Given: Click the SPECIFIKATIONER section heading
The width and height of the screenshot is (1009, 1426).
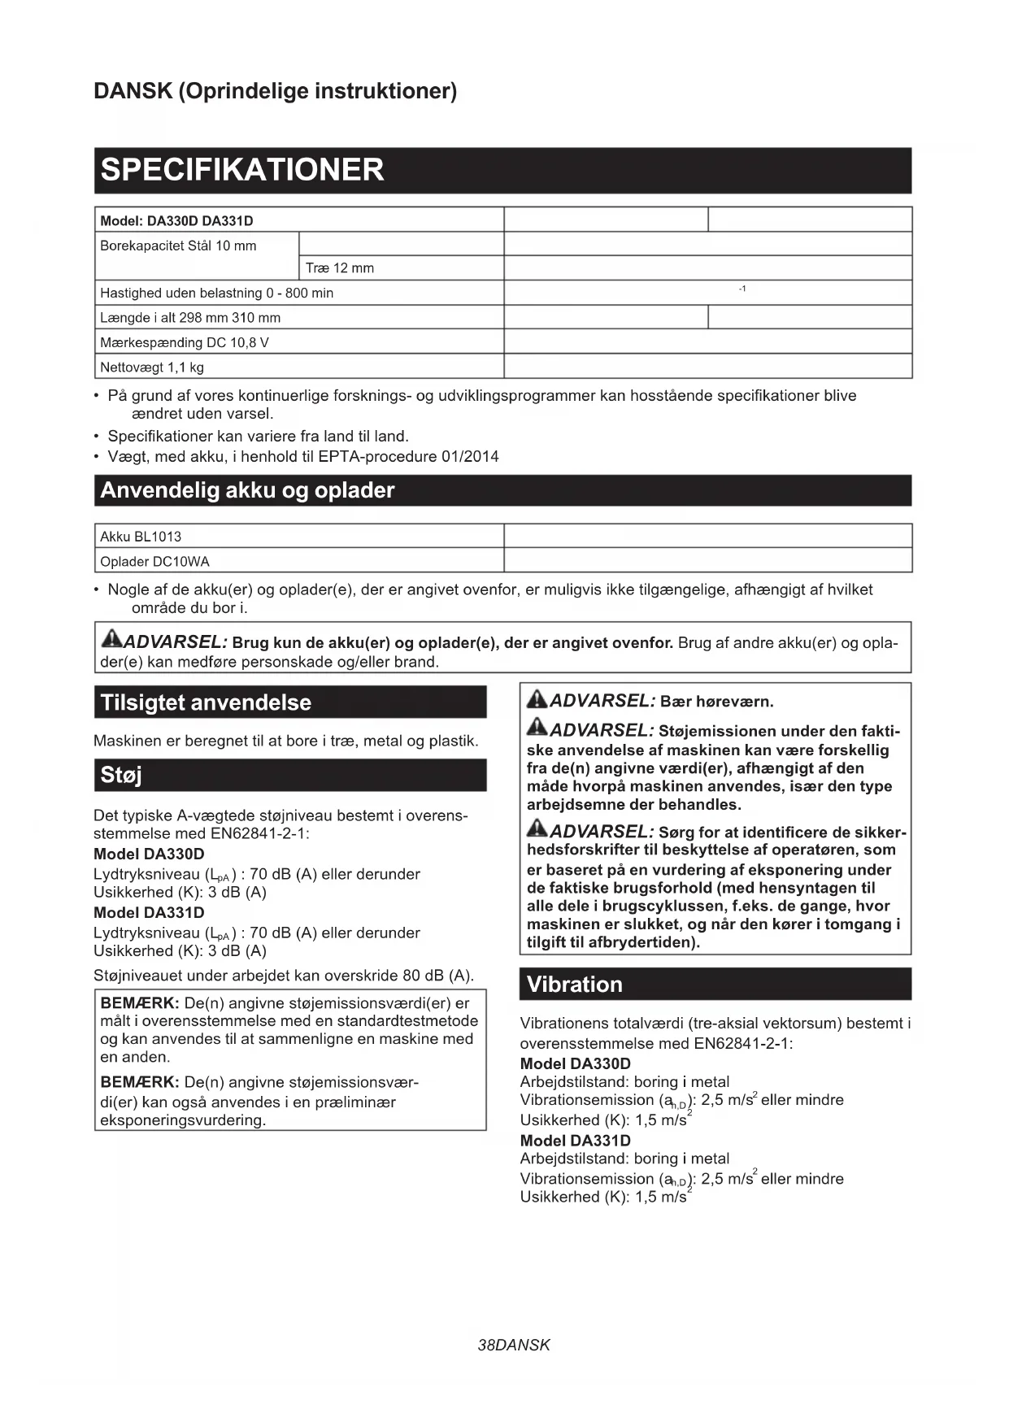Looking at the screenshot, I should pos(242,170).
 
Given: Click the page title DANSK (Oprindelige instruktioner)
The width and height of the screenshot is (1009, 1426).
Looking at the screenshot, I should pos(275,90).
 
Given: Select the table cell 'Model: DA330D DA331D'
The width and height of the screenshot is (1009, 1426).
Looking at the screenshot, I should pos(176,220).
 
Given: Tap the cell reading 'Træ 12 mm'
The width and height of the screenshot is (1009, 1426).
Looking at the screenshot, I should pos(340,268).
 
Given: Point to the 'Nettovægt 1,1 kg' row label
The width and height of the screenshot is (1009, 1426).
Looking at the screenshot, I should pos(152,367).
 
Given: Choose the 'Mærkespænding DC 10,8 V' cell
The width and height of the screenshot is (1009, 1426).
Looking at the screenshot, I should pos(185,342).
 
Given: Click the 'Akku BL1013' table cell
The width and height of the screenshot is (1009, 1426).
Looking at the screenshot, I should pos(141,537).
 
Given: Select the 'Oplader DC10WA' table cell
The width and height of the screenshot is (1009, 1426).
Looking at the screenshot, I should pos(154,562).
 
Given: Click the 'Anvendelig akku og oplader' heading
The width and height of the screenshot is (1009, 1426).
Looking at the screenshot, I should pos(247,490).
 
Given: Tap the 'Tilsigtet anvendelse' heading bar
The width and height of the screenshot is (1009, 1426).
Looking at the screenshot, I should pos(206,702).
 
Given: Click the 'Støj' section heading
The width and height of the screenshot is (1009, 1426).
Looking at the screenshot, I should pos(121,775).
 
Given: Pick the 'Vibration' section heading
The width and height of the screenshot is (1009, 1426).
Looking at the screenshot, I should pos(574,985).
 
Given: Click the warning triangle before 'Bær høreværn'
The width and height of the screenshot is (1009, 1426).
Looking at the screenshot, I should pos(537,698).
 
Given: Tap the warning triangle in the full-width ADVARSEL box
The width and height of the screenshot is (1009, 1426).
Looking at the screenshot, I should pos(111,639).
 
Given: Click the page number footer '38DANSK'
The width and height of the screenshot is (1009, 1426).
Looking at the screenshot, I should pos(514,1345).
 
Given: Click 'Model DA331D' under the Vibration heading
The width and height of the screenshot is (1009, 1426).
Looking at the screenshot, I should pos(575,1141).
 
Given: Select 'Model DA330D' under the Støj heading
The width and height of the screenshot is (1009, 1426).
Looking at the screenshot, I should pos(149,854).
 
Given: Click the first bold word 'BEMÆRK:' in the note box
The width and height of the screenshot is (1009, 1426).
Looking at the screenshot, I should pos(139,1003).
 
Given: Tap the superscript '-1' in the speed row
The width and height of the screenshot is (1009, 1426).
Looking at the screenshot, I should pos(742,289).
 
